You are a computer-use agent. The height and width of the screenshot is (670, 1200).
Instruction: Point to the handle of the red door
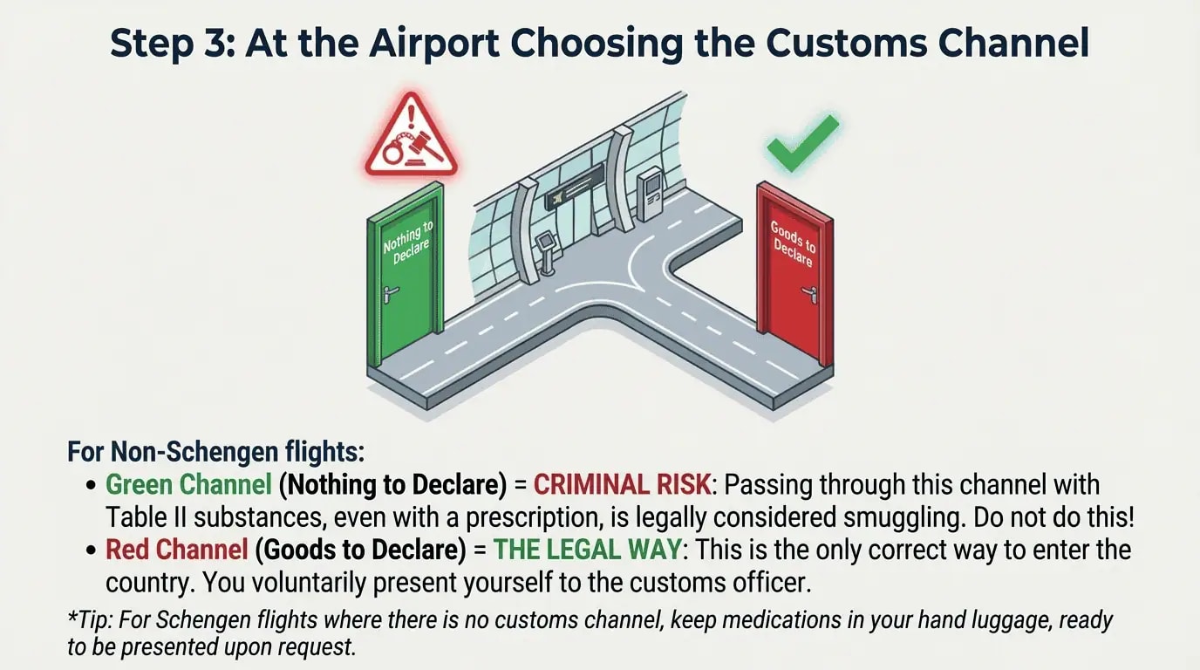tap(811, 294)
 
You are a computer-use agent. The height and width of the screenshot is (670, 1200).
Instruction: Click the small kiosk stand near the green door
tap(547, 250)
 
